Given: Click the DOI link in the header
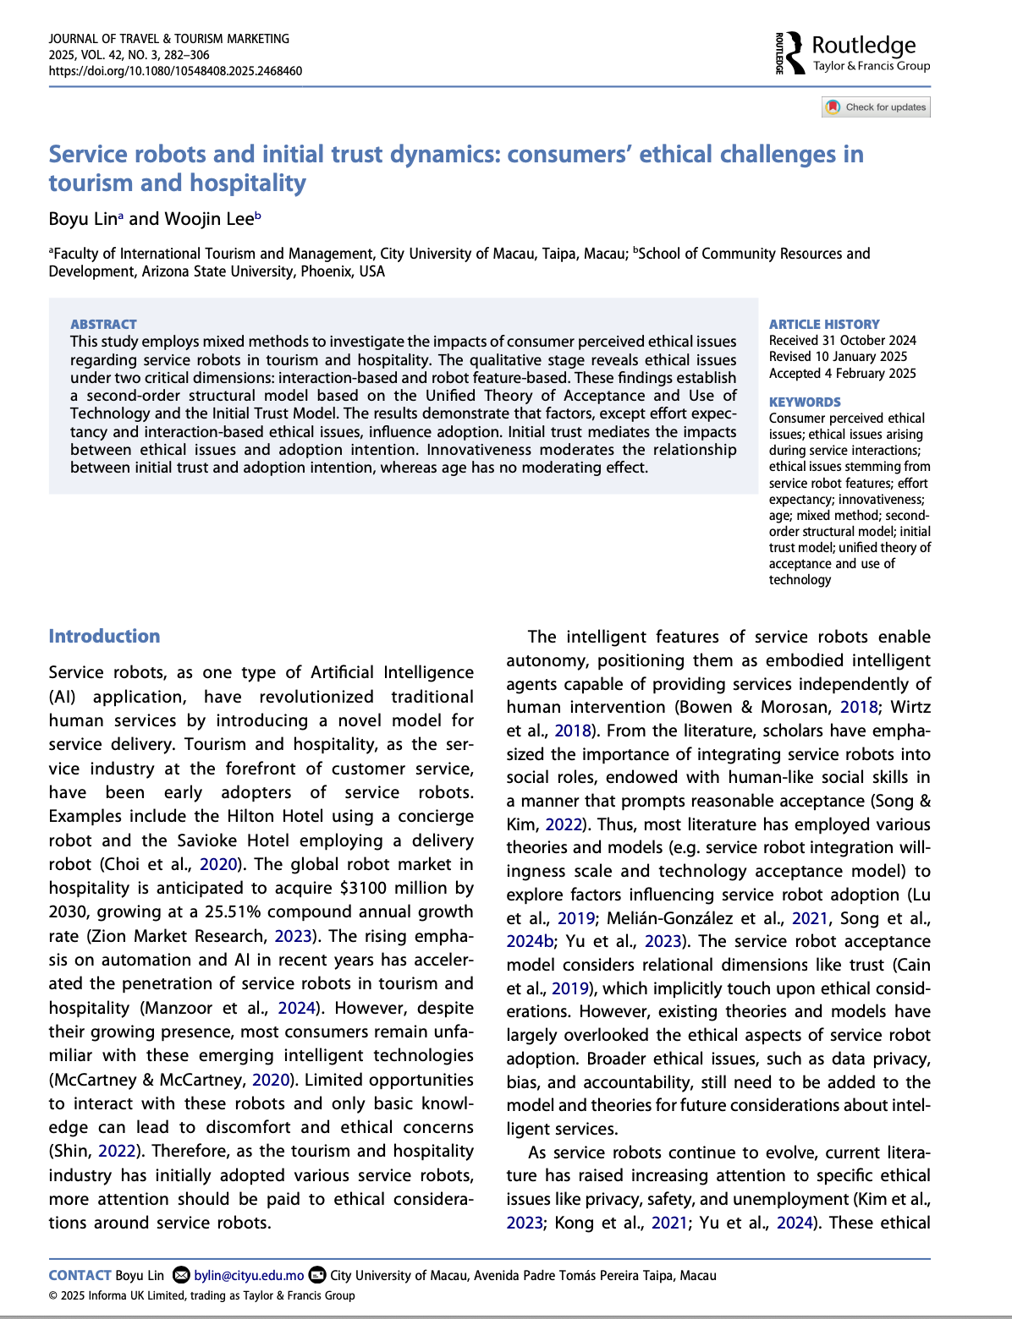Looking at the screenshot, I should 175,71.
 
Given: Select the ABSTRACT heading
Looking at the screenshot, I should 103,324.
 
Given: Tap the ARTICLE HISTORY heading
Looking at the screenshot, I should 823,324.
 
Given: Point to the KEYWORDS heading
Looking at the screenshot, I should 804,402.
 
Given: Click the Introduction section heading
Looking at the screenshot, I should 104,636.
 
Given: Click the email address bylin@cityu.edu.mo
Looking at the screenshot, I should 249,1275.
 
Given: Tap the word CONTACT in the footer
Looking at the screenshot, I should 80,1275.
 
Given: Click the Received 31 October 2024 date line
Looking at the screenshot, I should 842,341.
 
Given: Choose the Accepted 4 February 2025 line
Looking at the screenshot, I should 842,373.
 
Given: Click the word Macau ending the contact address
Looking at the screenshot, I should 698,1275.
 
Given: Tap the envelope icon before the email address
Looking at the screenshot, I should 181,1275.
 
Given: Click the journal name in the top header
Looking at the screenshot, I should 168,39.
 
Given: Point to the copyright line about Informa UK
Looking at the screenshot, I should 201,1295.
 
